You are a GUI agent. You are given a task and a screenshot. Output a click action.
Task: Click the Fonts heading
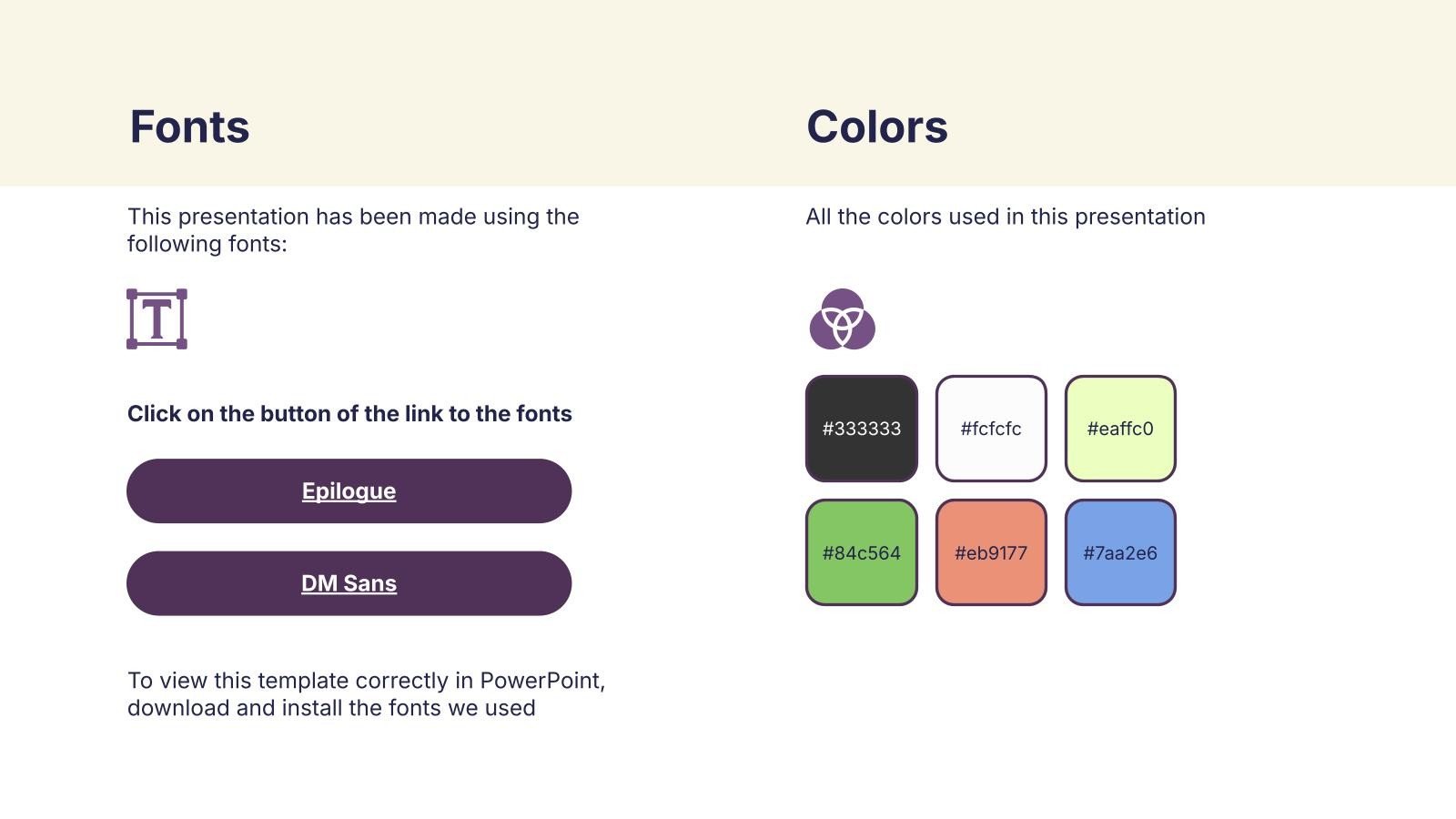pos(189,126)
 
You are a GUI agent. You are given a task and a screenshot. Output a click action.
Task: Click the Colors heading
pos(877,126)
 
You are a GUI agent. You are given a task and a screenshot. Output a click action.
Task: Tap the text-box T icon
pos(157,319)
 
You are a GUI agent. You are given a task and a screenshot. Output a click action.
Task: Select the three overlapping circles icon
pos(843,319)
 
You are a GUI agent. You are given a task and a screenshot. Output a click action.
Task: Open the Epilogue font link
pos(349,490)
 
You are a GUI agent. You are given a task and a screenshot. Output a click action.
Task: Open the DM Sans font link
pos(349,583)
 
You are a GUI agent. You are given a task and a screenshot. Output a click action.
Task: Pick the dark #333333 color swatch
pos(861,429)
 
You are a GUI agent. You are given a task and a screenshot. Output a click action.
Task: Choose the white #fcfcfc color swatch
pos(991,429)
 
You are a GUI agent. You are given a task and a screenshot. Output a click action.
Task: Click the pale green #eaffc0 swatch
pos(1120,429)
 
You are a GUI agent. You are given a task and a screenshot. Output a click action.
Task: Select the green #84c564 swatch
pos(861,552)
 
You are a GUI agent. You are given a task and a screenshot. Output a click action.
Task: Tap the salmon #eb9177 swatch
pos(991,552)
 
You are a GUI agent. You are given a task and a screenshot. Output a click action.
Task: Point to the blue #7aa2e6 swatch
pos(1120,552)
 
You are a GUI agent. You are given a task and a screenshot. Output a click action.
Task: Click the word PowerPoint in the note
pos(542,681)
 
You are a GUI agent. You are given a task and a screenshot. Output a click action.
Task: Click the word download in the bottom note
pos(178,708)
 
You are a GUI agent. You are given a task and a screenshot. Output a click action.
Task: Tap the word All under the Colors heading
pos(818,217)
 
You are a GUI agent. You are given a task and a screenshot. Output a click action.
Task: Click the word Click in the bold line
pos(154,413)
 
